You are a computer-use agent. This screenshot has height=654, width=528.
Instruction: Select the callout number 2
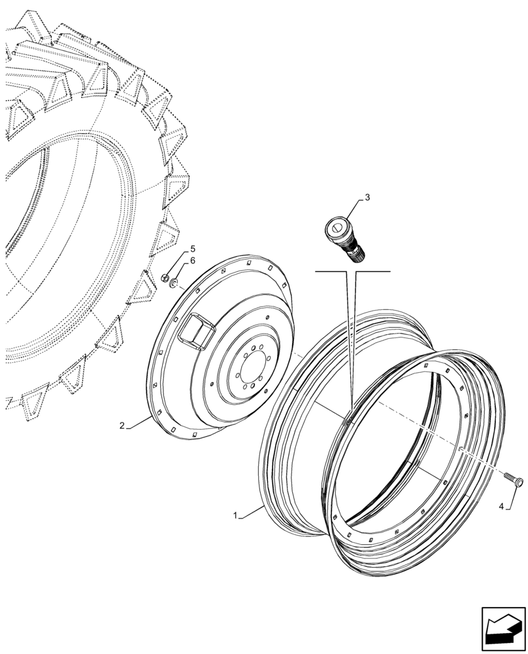(122, 426)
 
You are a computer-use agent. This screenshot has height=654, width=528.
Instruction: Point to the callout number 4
(501, 506)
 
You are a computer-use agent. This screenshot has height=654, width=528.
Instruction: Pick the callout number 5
(192, 249)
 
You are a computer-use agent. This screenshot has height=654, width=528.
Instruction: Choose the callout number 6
(192, 261)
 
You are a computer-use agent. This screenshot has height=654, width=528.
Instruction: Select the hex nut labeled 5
(167, 278)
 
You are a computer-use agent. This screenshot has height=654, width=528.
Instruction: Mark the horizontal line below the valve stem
(352, 271)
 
